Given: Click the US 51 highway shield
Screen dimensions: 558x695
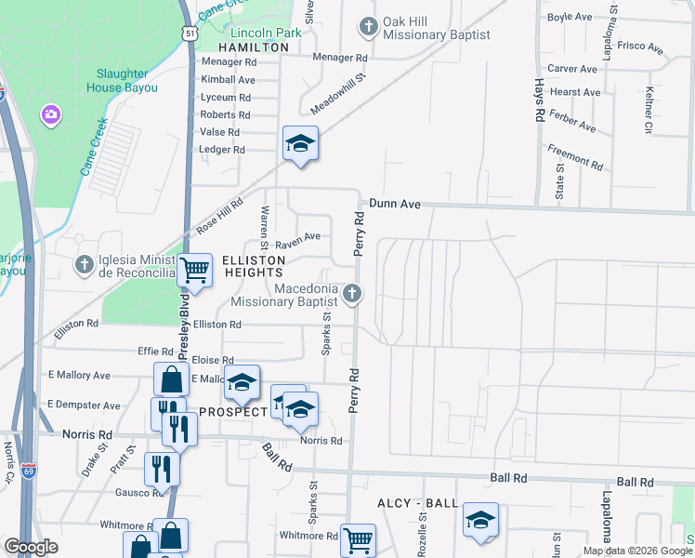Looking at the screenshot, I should tap(190, 33).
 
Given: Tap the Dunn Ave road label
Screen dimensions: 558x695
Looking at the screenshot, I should tap(395, 203).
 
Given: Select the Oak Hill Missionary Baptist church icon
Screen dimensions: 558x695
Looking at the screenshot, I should tap(369, 26).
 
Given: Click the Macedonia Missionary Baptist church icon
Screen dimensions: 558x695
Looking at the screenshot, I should tap(351, 294).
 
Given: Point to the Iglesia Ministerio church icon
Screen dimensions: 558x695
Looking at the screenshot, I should tap(84, 265).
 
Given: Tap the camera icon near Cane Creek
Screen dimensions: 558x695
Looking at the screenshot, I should tap(50, 115).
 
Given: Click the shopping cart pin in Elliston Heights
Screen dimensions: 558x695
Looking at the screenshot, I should tap(195, 271).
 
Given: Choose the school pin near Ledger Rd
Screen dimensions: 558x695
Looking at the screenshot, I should tap(300, 144).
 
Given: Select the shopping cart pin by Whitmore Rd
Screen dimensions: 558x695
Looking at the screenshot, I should tap(358, 538).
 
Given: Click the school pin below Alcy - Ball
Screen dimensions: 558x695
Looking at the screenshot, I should tap(480, 521).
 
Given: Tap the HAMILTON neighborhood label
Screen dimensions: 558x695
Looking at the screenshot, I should tap(254, 46).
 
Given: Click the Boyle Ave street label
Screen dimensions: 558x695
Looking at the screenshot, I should tap(570, 17).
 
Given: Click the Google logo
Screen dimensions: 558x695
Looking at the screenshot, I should tap(32, 547).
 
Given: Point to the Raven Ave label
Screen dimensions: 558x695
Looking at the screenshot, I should tap(297, 238).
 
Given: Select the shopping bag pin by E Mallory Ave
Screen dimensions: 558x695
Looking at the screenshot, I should tap(171, 380).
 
